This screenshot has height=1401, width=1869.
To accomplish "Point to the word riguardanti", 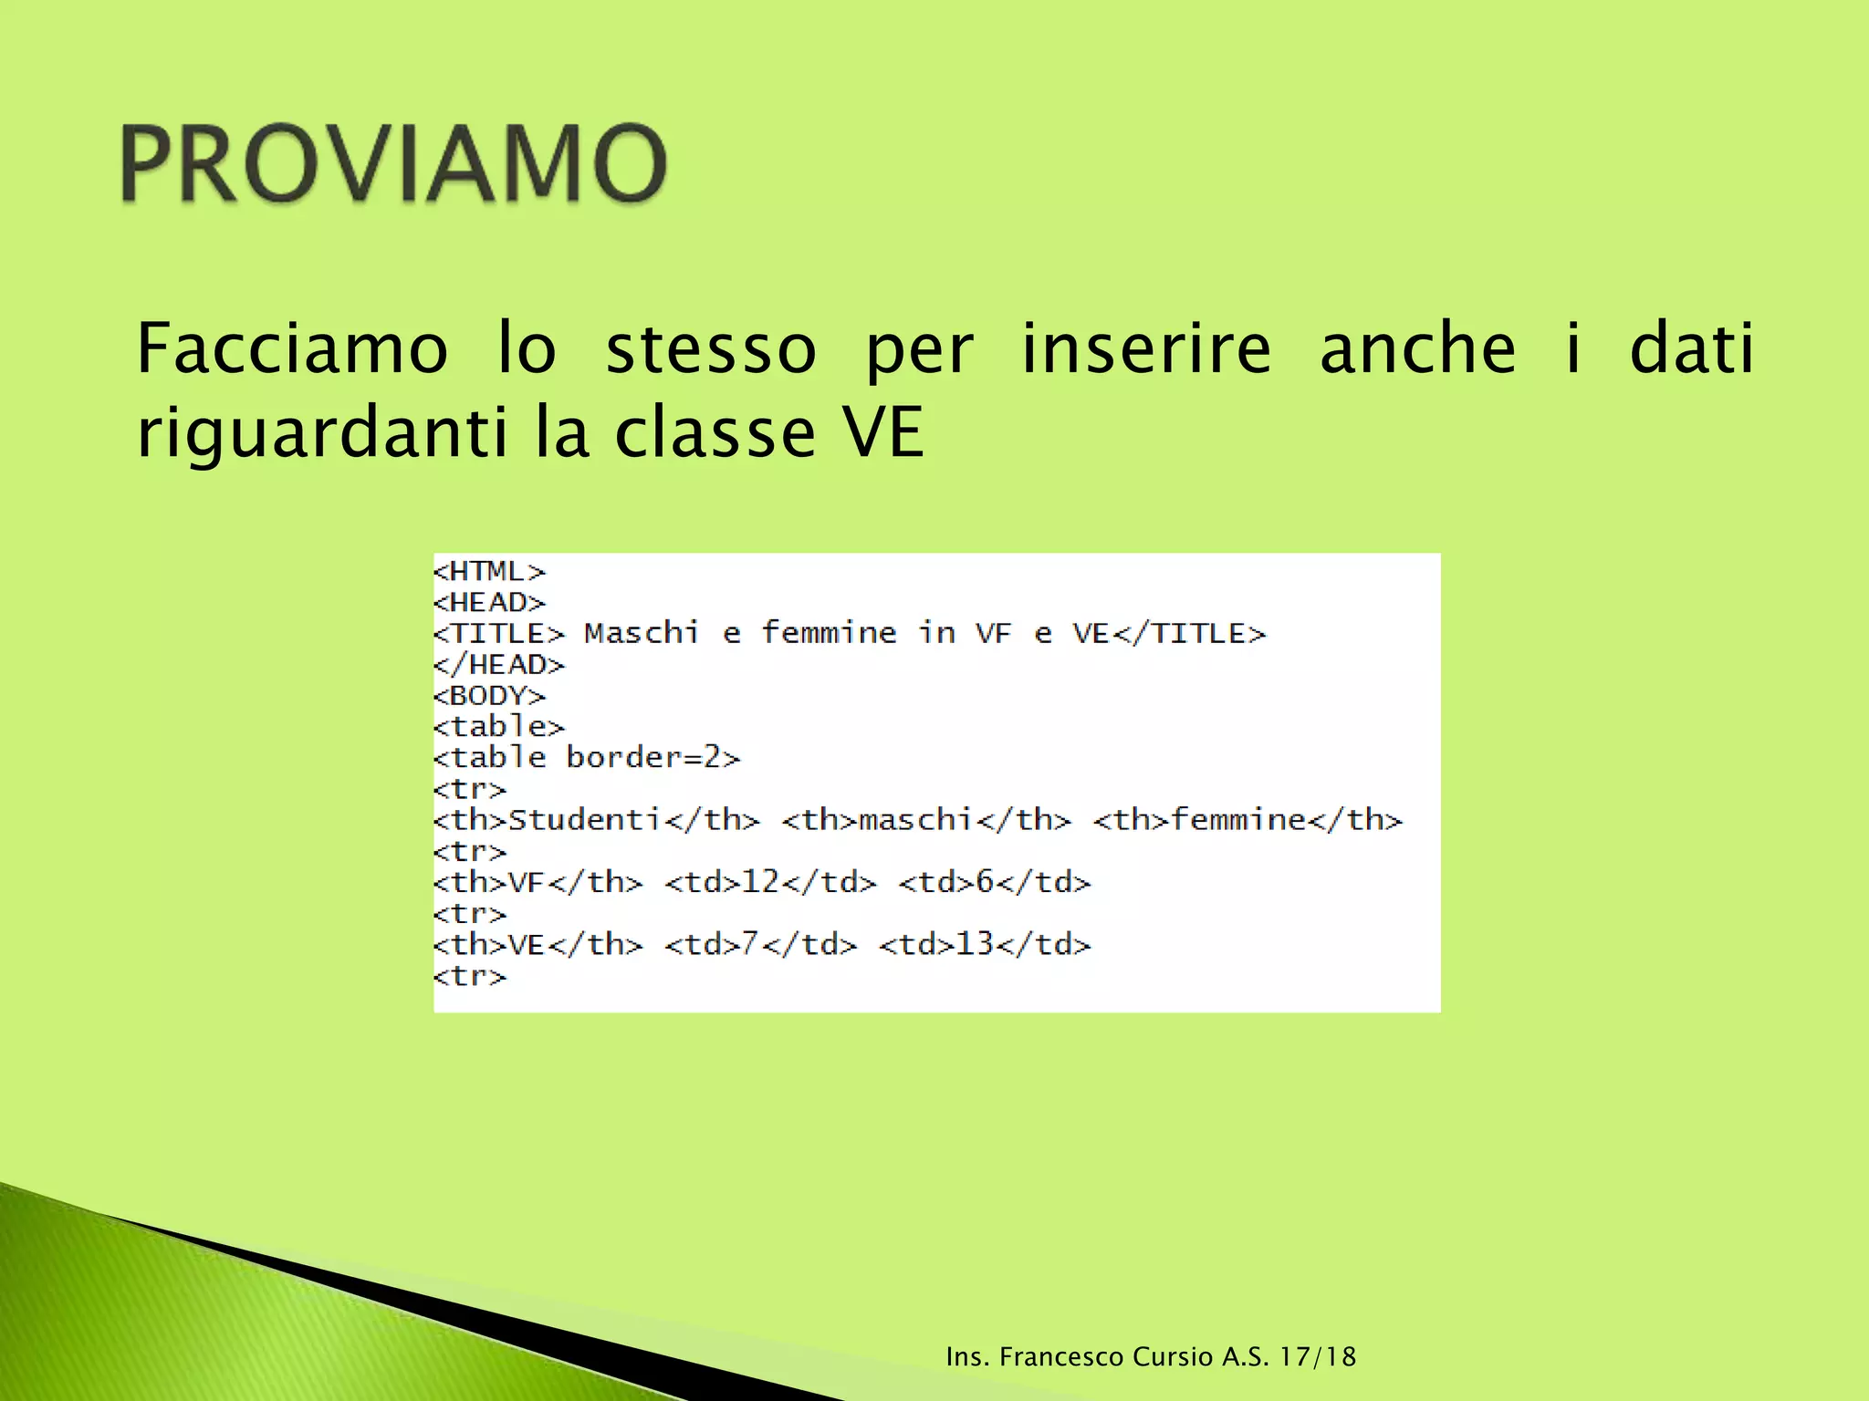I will [x=321, y=432].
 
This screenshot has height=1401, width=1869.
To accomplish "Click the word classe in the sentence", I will [x=715, y=432].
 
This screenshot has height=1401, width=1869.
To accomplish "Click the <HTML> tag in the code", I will [x=489, y=572].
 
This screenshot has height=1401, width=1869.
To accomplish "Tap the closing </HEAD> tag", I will [x=499, y=665].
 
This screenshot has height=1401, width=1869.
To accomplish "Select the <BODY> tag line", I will [x=489, y=696].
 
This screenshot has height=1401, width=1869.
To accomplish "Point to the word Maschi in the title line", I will [x=642, y=633].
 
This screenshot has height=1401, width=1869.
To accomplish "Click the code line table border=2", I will [x=587, y=758].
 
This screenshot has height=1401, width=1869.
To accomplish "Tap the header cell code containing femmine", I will [x=1248, y=820].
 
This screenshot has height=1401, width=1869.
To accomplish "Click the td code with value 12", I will [x=771, y=882].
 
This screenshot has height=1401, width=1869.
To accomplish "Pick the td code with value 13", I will [x=985, y=944].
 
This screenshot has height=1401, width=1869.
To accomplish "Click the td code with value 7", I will [x=761, y=944].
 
